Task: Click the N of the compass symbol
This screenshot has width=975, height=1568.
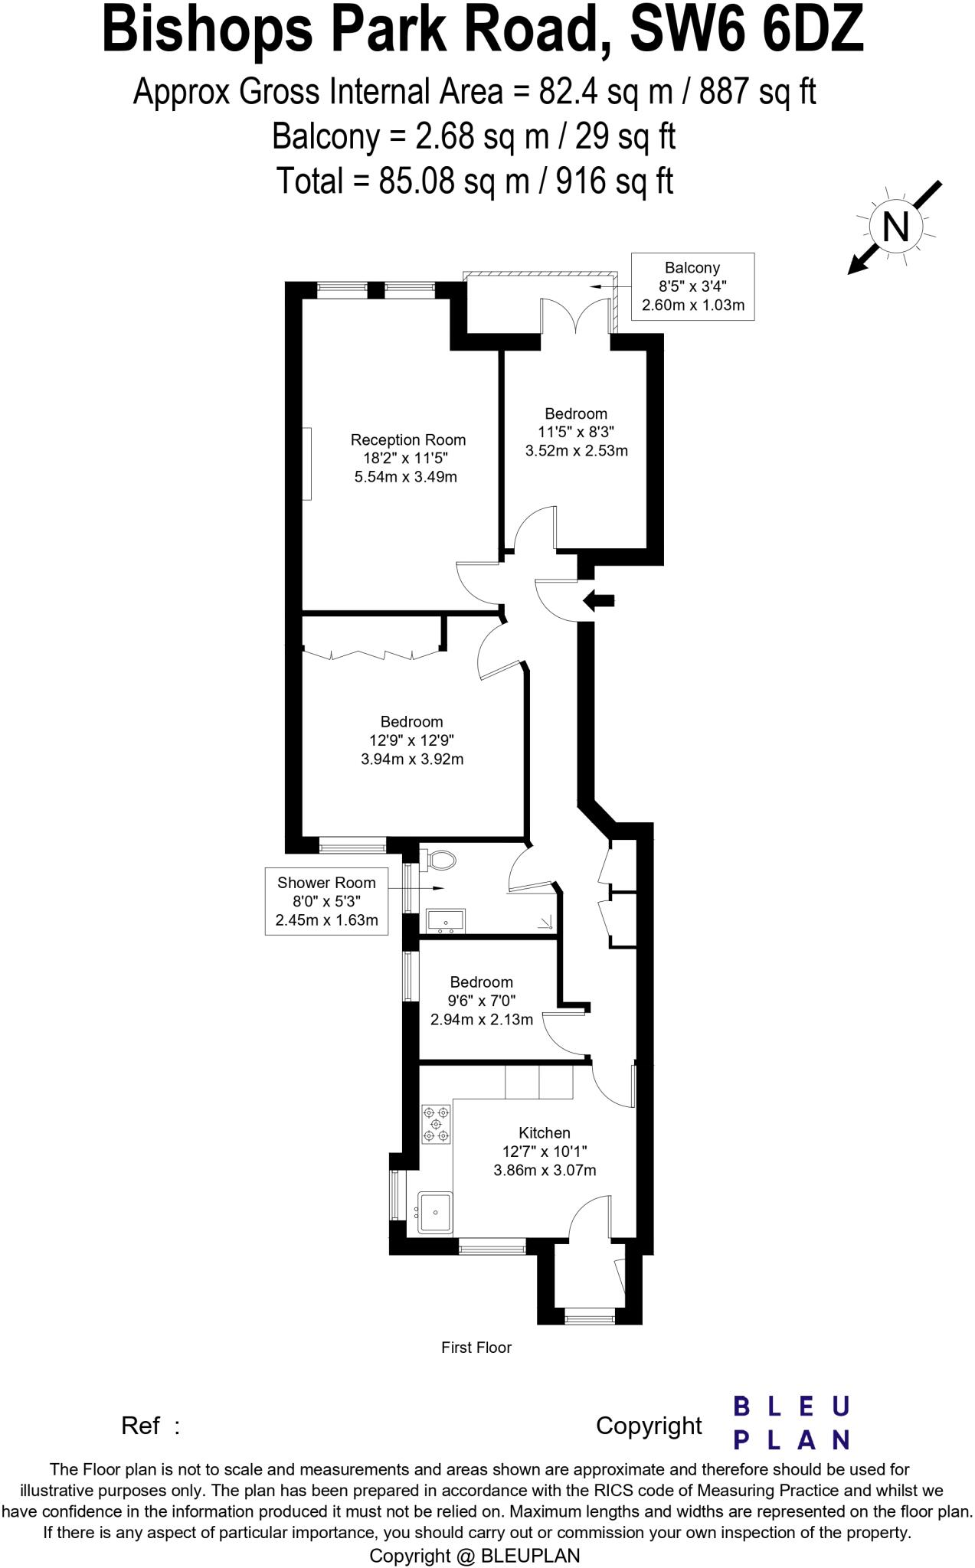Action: pos(895,227)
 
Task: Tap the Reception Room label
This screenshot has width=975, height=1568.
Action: pos(407,440)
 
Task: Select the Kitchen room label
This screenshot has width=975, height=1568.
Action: pos(544,1132)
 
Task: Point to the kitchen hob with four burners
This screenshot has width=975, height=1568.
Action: pos(436,1124)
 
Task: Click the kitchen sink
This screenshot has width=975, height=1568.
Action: pos(435,1212)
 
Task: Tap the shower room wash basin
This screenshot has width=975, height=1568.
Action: pos(444,920)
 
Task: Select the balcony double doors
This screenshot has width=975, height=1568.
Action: pos(576,315)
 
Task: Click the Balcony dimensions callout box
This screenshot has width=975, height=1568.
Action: pos(692,286)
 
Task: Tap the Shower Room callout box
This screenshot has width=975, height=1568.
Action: pos(326,901)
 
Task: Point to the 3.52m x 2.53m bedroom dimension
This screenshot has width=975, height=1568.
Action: pos(576,451)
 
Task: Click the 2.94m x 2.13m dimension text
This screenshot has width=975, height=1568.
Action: pos(481,1019)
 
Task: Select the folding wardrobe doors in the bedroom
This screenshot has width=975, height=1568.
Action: pos(373,653)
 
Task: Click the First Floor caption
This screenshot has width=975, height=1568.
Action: pos(476,1347)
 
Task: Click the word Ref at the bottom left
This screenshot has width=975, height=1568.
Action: pos(140,1426)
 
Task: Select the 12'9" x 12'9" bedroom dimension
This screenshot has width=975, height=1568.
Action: pos(411,740)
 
